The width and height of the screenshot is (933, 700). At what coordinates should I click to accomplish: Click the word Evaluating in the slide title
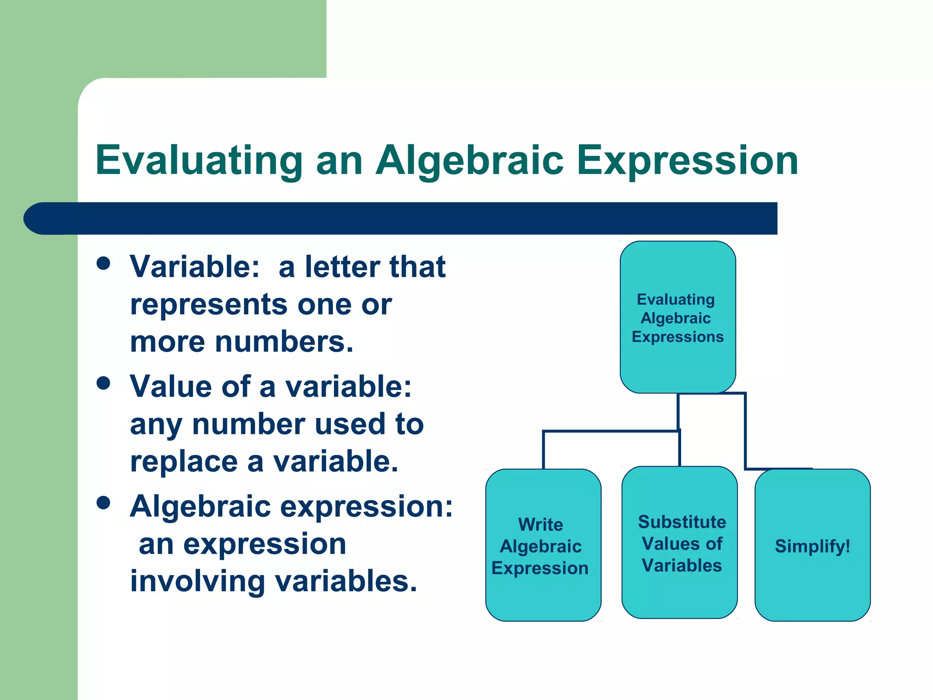pos(199,160)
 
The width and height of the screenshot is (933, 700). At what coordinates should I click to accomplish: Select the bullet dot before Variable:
pos(104,263)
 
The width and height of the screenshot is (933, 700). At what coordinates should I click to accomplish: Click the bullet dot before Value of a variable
pos(104,383)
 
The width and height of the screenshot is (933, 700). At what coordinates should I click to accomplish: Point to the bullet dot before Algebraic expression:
pos(104,503)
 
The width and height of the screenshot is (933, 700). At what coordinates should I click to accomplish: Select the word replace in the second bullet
pos(184,462)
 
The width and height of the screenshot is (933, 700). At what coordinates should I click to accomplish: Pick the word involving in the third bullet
pos(197,582)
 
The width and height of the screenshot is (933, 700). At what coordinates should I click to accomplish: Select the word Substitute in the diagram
pos(682,522)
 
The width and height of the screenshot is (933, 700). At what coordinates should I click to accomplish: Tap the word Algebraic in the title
pos(469,160)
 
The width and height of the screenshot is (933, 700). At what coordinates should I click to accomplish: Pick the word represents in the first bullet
pos(209,304)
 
